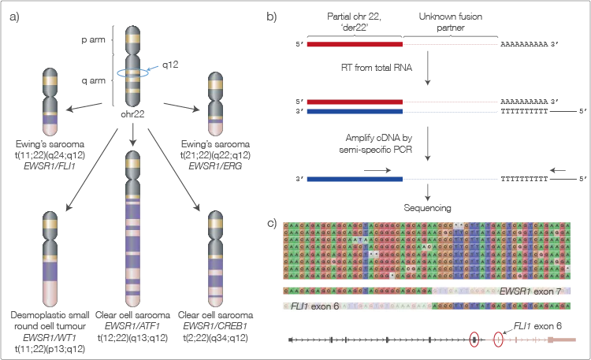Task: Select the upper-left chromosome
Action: [x=50, y=102]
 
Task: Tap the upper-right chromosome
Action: [x=215, y=102]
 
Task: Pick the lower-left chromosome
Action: [x=50, y=260]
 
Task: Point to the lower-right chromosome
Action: [x=215, y=260]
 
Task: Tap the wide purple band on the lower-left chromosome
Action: [x=50, y=271]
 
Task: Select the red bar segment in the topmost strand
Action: [x=354, y=44]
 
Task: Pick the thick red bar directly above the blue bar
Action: [x=354, y=102]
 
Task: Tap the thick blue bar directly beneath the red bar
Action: [x=354, y=113]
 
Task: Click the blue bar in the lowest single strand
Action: [x=354, y=180]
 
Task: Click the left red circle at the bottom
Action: [x=474, y=340]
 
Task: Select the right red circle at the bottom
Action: [x=498, y=340]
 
